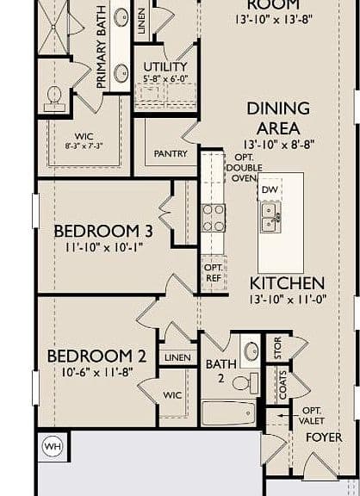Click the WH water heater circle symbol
53,446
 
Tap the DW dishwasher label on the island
270,189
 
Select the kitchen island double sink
270,217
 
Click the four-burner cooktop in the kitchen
214,218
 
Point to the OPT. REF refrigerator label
214,273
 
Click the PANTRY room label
171,154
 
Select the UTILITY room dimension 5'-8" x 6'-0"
165,78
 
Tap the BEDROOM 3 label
103,231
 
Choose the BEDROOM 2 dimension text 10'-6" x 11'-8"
97,372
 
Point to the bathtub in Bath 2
228,413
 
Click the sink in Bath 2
251,350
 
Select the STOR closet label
277,348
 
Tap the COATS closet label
282,385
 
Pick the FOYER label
324,437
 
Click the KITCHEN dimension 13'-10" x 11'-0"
288,300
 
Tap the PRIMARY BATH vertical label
101,47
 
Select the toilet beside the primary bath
54,98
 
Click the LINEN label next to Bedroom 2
177,357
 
